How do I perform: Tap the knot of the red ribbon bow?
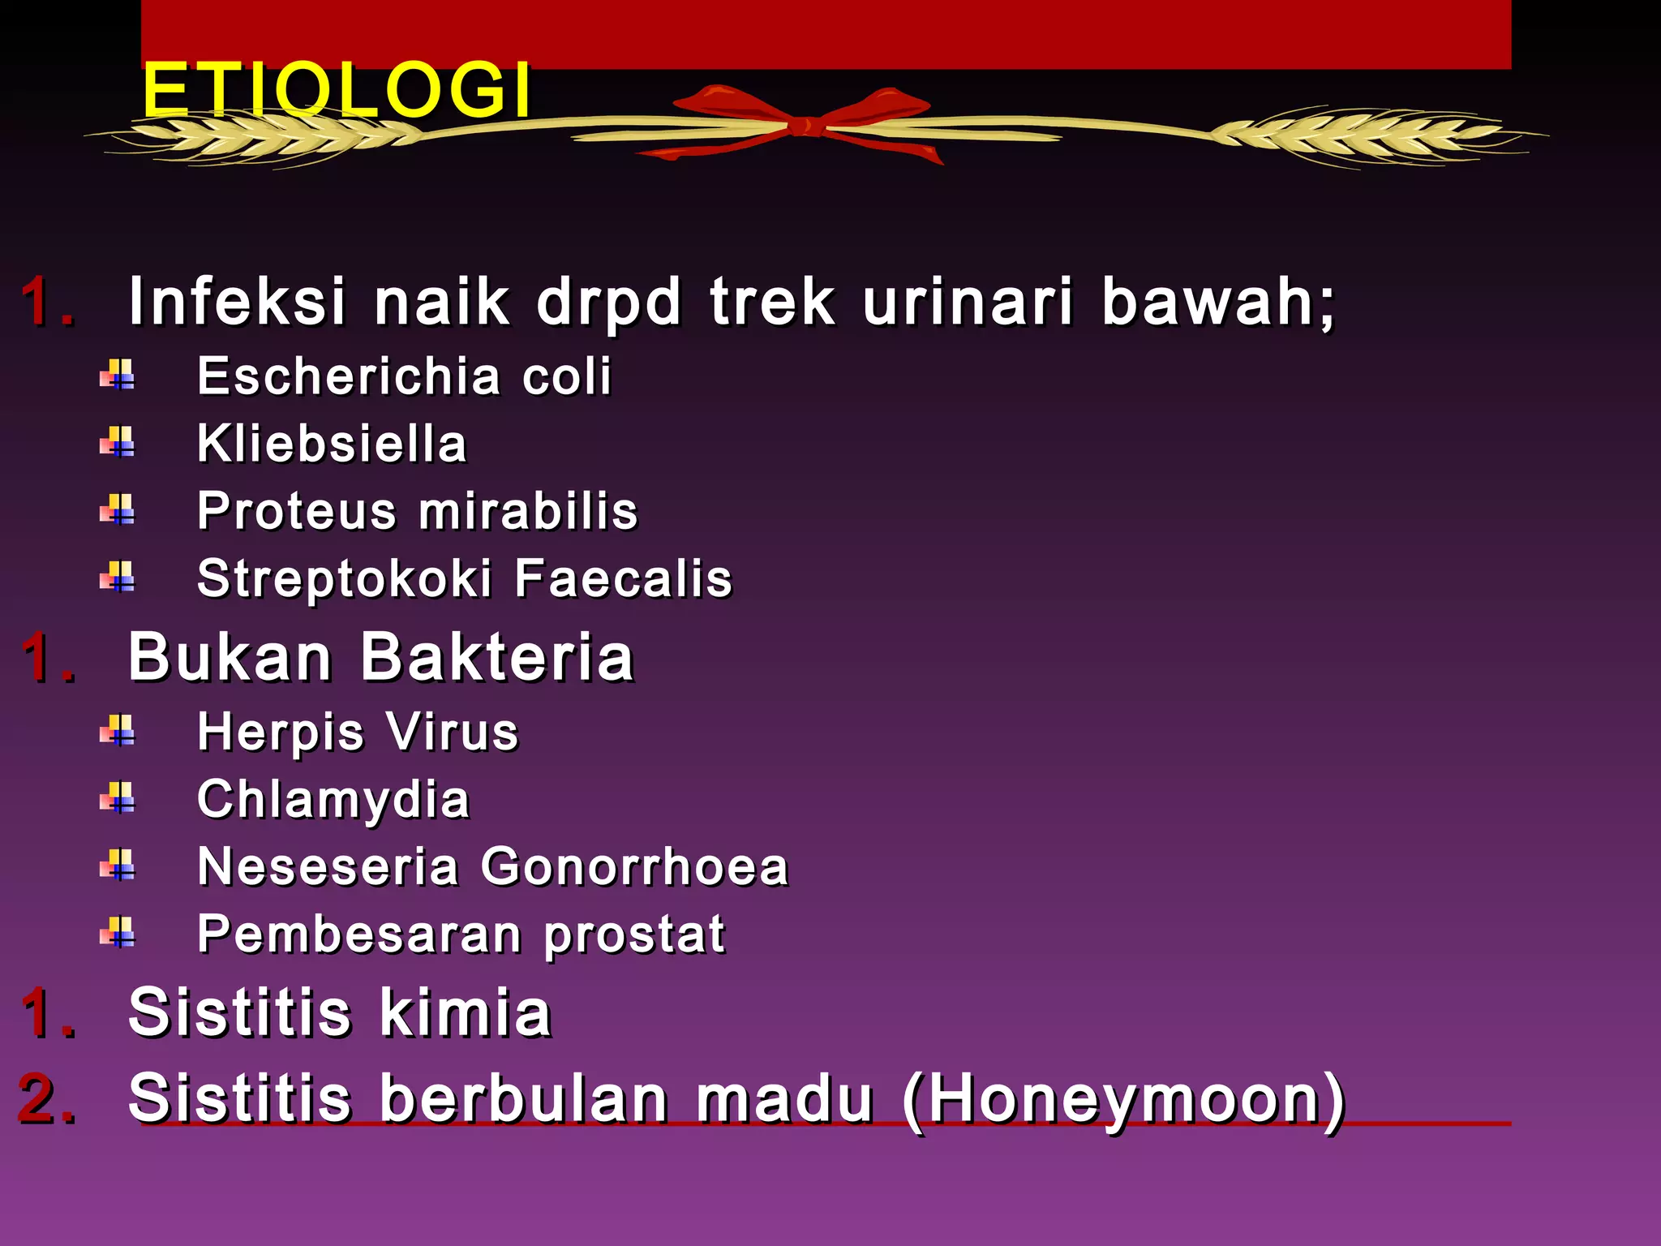[x=803, y=126]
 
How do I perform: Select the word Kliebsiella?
[x=333, y=444]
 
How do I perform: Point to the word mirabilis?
[x=529, y=511]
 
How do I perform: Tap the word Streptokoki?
[x=345, y=579]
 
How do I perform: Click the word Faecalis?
[x=623, y=578]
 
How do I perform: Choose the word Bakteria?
[x=496, y=657]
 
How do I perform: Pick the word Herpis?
[x=281, y=733]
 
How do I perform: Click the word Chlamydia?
[x=333, y=800]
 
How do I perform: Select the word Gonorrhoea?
[x=634, y=866]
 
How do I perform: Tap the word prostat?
[x=634, y=935]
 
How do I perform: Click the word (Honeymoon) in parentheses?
[x=1124, y=1100]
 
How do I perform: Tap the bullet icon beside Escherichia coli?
[x=118, y=376]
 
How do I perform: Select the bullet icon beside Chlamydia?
[x=118, y=798]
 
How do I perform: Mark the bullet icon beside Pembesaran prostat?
[x=118, y=933]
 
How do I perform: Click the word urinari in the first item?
[x=968, y=302]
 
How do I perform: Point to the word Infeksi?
[x=238, y=302]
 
